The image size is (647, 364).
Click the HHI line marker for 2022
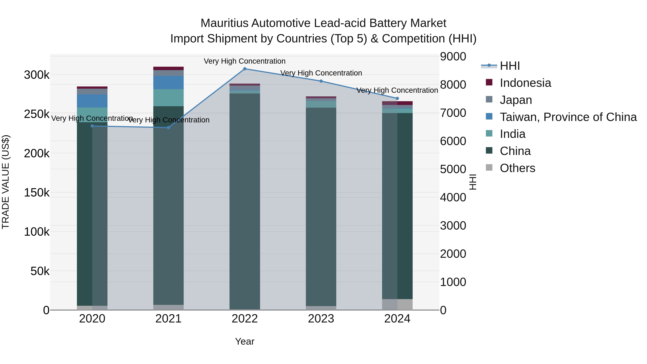[245, 69]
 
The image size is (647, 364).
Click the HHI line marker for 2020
[92, 126]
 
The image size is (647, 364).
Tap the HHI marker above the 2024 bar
[397, 98]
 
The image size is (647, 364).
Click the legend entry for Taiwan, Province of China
[568, 117]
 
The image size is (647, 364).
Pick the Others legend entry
[517, 168]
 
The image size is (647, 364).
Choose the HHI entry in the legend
[510, 66]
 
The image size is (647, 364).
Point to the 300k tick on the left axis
[37, 75]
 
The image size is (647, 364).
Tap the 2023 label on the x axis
[321, 319]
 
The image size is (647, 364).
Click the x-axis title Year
[245, 341]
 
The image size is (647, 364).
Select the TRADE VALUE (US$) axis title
[6, 182]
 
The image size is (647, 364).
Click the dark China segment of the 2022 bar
[245, 201]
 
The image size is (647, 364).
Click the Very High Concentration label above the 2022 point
[244, 61]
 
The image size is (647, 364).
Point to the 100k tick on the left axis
[37, 232]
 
